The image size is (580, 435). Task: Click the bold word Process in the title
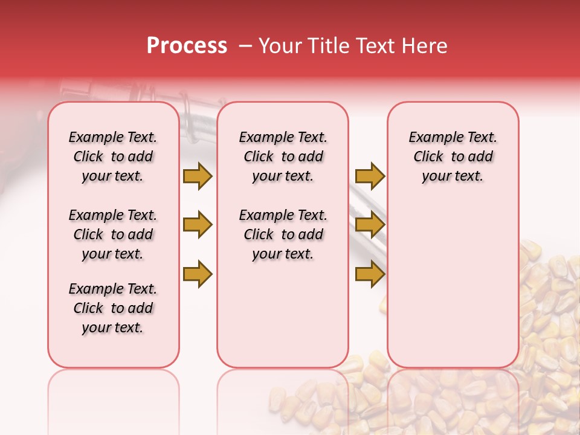click(187, 46)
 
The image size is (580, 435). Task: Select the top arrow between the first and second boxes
click(198, 176)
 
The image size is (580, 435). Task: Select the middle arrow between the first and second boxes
click(198, 225)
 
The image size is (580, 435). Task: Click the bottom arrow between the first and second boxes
click(198, 274)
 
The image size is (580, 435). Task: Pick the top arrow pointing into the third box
click(370, 176)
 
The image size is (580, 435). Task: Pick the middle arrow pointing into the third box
click(370, 225)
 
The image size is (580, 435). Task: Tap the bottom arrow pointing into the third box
click(370, 274)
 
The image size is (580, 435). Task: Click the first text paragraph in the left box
click(113, 156)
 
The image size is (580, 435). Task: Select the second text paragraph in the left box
click(113, 234)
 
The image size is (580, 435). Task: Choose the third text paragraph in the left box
click(113, 308)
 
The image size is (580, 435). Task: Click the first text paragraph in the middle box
click(283, 156)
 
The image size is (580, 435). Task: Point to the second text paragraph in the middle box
click(283, 234)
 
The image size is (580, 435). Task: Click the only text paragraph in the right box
click(453, 156)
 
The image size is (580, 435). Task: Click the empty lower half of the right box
click(453, 290)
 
